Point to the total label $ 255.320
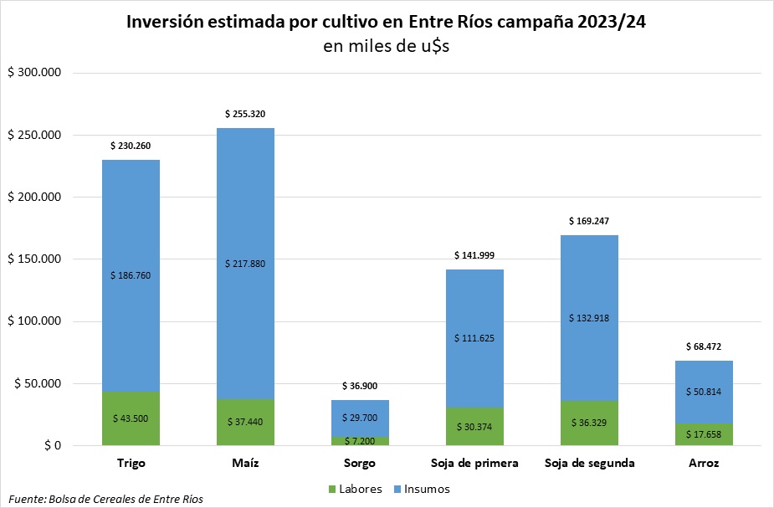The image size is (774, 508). pos(245,114)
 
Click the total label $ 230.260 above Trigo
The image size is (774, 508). pos(131,146)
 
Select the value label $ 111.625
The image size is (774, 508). pos(474,338)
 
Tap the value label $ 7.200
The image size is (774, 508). pos(360,440)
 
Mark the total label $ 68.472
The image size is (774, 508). pos(704,346)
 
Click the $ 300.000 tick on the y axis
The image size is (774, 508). pos(35,74)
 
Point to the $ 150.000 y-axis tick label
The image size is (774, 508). pos(35,259)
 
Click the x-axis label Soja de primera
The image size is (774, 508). pos(474,463)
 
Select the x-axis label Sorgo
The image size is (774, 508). pos(360,463)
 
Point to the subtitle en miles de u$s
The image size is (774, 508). pos(387,46)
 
